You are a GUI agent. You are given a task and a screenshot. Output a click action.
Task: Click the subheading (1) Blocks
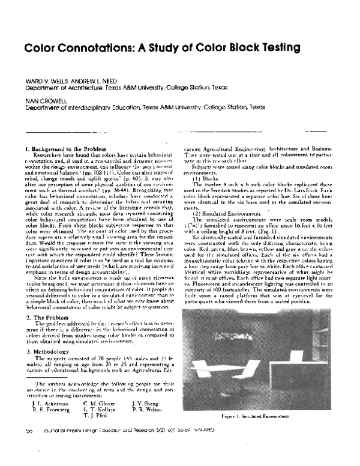(206, 179)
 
